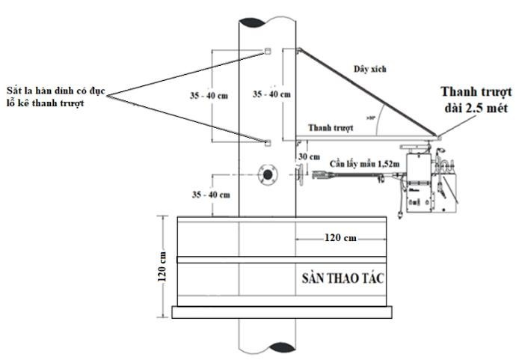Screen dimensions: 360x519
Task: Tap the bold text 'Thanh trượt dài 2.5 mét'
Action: tap(474, 100)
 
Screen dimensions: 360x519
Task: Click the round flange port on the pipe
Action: tap(266, 175)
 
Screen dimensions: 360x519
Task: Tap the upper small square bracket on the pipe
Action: tap(266, 52)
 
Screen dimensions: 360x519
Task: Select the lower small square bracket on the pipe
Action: tap(266, 140)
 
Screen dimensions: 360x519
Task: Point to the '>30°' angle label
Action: tap(372, 118)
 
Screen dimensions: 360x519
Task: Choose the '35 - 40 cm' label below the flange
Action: tap(212, 193)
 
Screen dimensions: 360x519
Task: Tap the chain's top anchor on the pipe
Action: tap(298, 51)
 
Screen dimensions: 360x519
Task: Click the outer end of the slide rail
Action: tap(437, 137)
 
